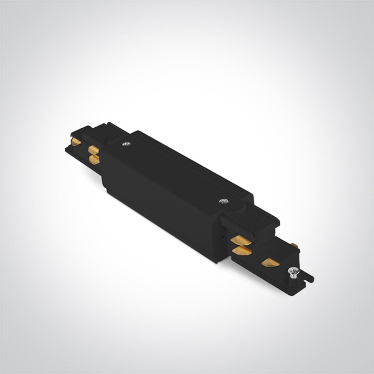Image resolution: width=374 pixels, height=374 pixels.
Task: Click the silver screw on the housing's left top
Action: point(126,144)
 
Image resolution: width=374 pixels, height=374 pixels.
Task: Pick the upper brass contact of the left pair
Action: point(92,148)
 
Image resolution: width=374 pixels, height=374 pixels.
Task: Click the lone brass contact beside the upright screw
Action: point(270,262)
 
